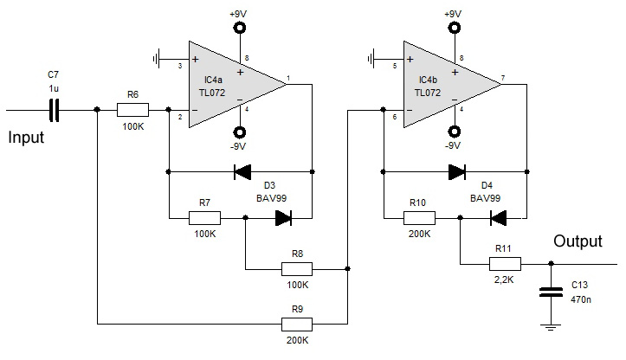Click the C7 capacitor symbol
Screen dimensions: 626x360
[54, 110]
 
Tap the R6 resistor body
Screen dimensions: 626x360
[132, 110]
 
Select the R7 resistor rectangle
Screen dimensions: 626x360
[204, 218]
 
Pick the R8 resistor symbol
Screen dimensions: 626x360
[297, 269]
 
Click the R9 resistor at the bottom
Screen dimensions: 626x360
[297, 324]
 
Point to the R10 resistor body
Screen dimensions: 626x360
[419, 218]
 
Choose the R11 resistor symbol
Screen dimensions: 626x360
[505, 264]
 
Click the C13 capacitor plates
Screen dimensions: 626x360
[551, 292]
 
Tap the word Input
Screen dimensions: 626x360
[26, 138]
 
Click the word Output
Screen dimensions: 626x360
[578, 241]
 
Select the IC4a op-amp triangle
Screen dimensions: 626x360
[237, 84]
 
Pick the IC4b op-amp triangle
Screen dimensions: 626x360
[452, 84]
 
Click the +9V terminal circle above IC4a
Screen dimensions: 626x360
[240, 28]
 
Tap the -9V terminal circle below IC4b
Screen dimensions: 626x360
[454, 132]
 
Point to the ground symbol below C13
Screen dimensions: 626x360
[551, 327]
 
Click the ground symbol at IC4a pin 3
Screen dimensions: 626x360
[156, 60]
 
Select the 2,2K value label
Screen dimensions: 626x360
[504, 280]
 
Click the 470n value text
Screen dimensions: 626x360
[581, 299]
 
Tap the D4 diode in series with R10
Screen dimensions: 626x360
[498, 218]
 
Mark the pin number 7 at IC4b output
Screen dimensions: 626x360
[503, 78]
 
